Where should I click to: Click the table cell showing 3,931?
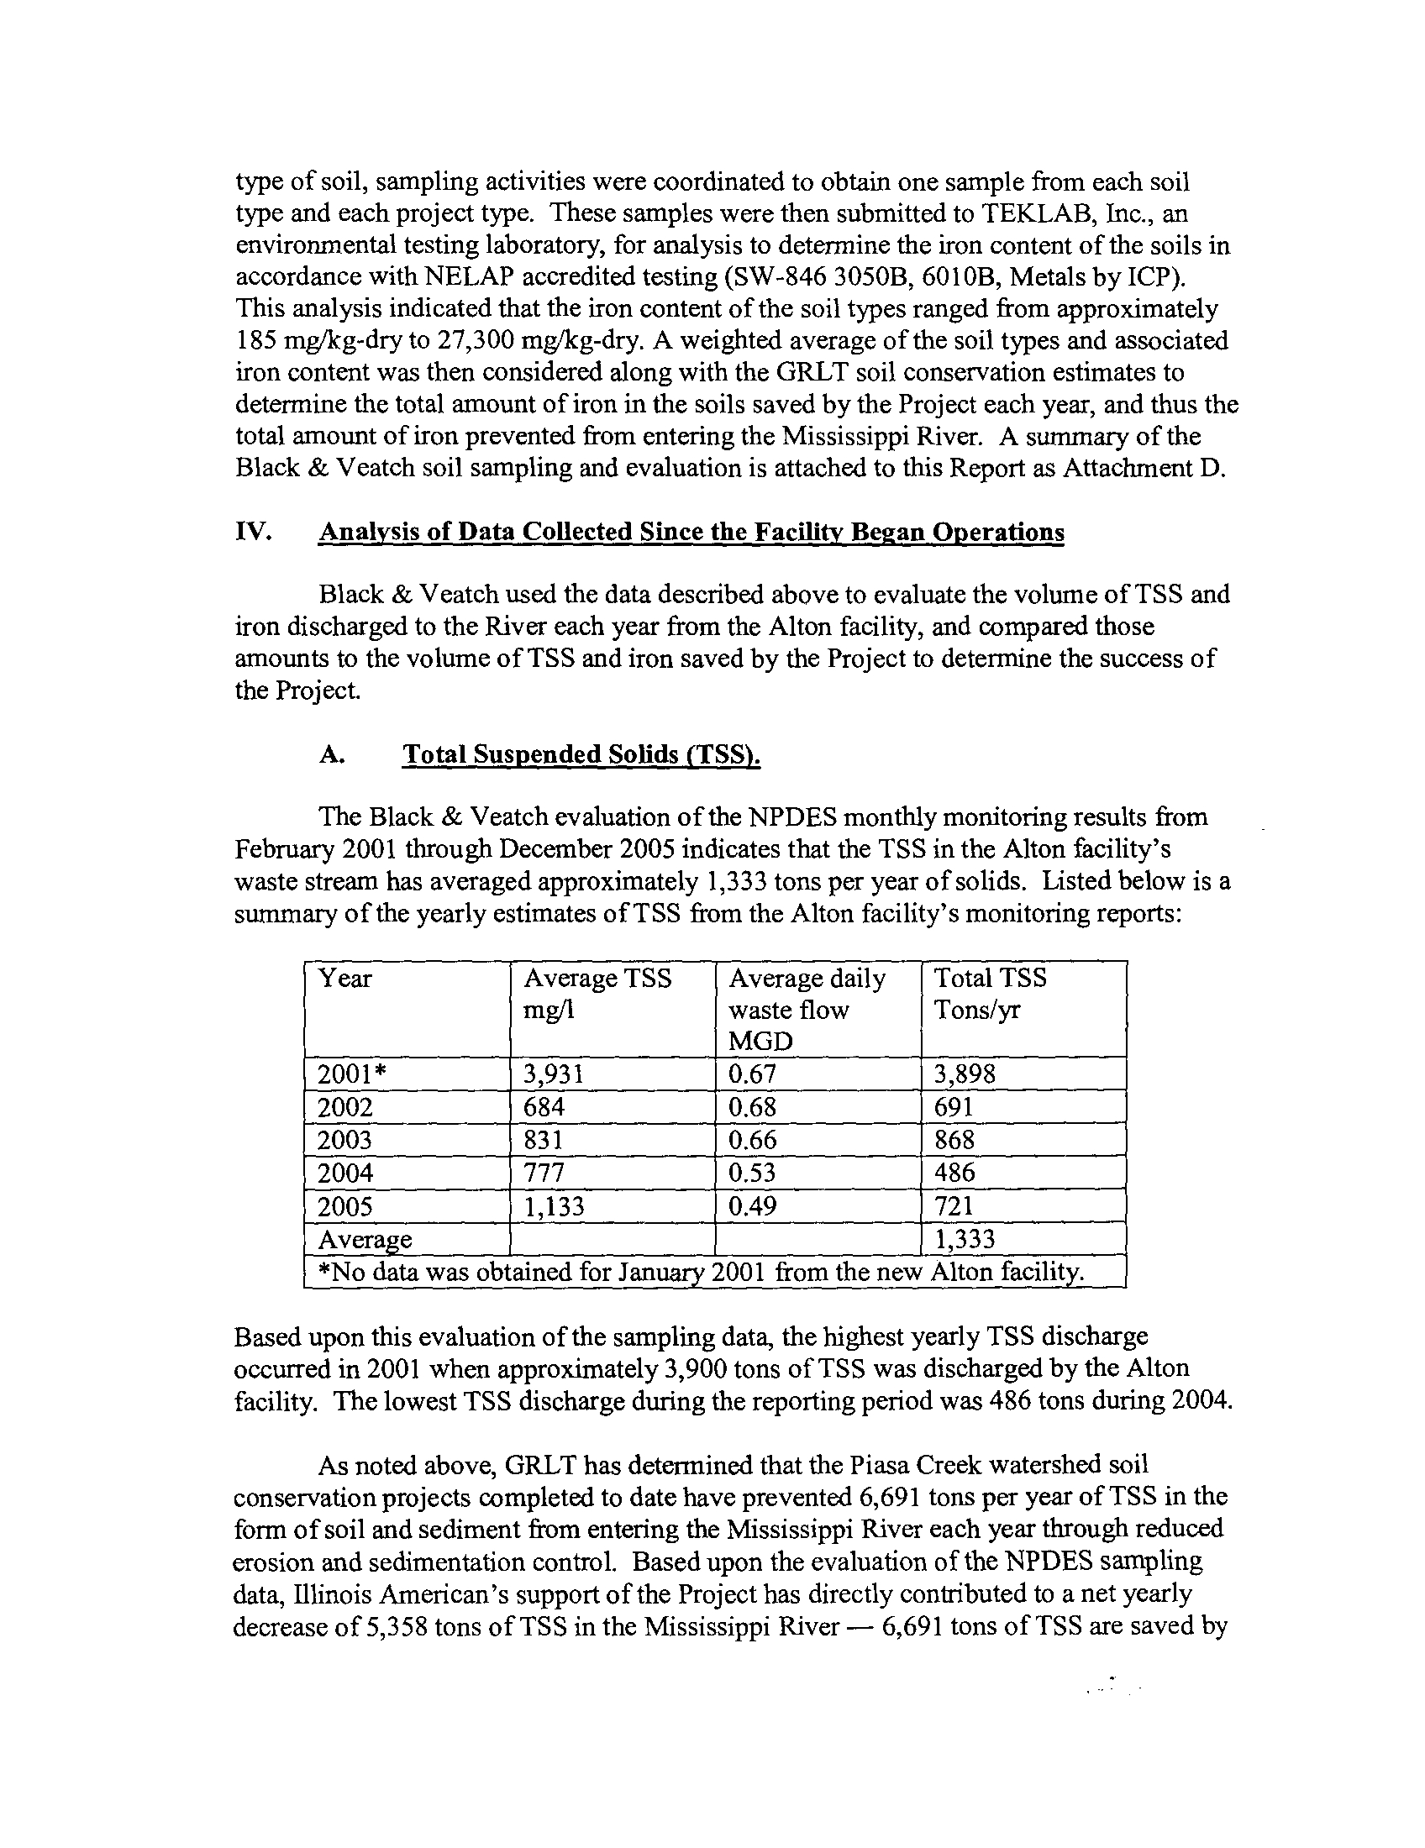(x=555, y=1074)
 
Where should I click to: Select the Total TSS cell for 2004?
(x=954, y=1173)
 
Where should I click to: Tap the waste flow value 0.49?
(x=752, y=1205)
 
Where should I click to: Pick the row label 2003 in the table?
(x=344, y=1140)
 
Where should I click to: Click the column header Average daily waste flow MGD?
(x=807, y=1009)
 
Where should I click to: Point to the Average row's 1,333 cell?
(x=965, y=1240)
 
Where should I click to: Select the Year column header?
(x=344, y=979)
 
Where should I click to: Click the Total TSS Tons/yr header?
(x=990, y=994)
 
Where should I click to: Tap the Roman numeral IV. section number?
(x=253, y=532)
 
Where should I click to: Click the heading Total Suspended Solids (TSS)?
(x=581, y=754)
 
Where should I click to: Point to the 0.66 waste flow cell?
(x=752, y=1140)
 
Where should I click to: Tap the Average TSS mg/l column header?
(x=597, y=994)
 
